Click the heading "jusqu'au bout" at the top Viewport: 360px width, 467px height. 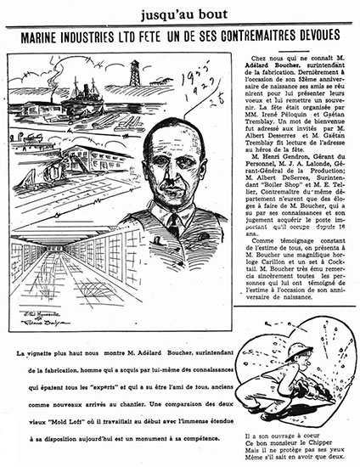[x=179, y=11]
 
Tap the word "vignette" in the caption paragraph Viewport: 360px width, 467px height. [x=55, y=352]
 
